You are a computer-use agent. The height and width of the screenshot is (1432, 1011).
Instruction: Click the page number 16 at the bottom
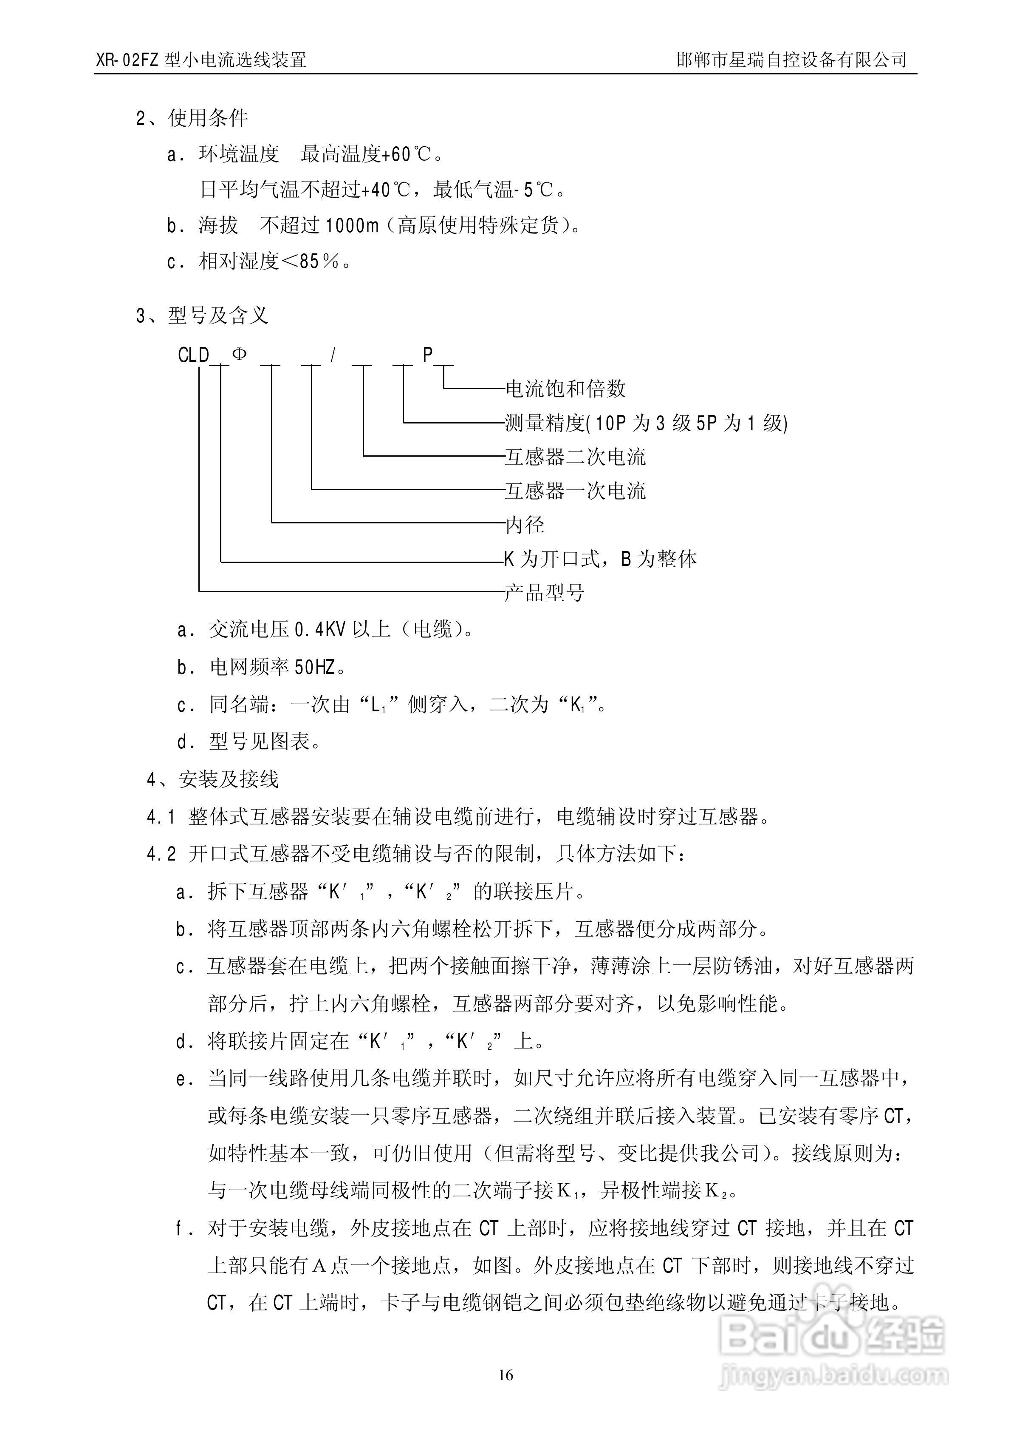point(505,1375)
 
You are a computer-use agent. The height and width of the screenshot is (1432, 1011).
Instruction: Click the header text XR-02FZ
point(128,60)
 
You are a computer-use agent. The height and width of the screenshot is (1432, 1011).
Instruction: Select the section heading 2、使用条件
point(192,118)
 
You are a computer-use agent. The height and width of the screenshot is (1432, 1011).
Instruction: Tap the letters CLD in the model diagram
point(193,355)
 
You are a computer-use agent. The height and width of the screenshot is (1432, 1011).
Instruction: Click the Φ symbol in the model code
point(239,354)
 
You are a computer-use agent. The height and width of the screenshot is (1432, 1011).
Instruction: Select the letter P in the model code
point(428,354)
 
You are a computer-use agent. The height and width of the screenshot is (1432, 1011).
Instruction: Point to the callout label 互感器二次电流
point(575,457)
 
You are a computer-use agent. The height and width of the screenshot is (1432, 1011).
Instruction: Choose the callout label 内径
point(525,525)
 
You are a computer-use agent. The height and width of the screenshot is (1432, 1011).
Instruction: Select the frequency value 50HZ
point(315,668)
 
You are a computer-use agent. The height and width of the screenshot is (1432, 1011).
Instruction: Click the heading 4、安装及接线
point(212,779)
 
